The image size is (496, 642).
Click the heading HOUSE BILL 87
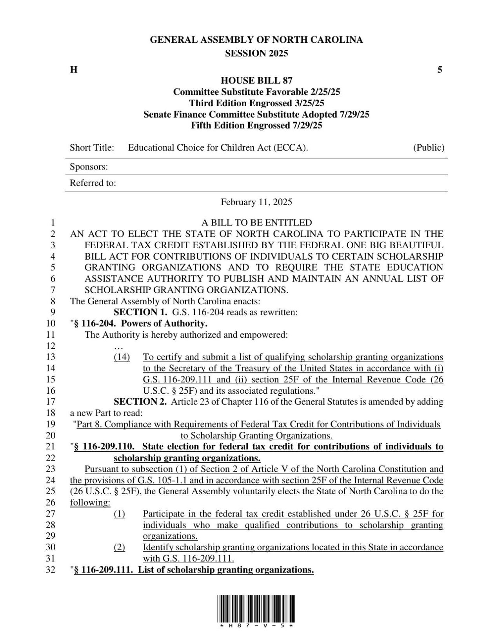pos(256,81)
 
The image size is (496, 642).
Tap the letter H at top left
pos(73,70)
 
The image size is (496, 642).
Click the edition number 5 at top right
pos(440,70)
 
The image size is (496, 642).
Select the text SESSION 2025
pos(256,53)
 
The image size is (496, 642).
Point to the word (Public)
pos(429,148)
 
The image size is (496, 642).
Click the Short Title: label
pos(92,148)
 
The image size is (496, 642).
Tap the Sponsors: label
pos(89,167)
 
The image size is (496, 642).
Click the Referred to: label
pos(93,183)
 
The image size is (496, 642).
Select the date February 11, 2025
pos(256,202)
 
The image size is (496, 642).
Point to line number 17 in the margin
pos(51,402)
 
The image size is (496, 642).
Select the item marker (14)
pos(122,357)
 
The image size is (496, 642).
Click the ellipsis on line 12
pos(118,346)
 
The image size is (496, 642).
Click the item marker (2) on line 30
pos(120,547)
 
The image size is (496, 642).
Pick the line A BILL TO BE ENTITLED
pos(256,223)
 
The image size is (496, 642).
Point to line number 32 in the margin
pos(51,570)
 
